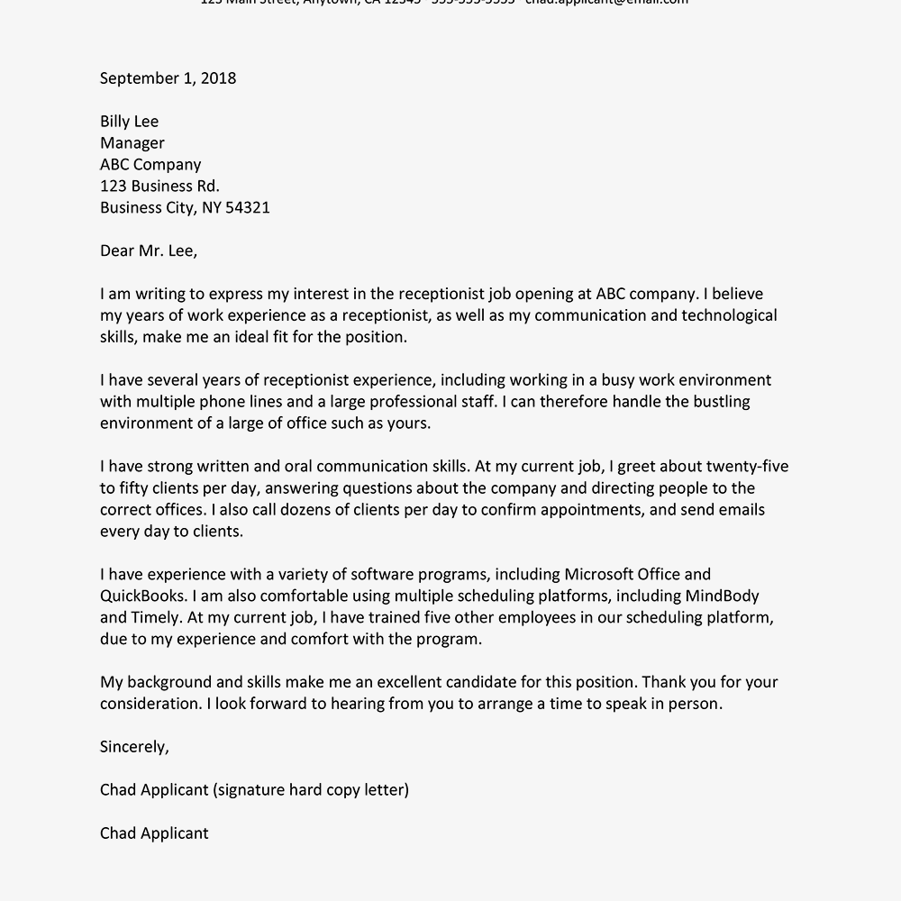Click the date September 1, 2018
(x=168, y=78)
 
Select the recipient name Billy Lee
(x=129, y=122)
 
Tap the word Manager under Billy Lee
(x=132, y=143)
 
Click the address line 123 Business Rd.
(x=159, y=187)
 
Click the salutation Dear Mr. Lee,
(x=148, y=251)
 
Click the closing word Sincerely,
(x=134, y=747)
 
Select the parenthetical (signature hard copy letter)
(x=311, y=790)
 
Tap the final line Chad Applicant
(x=154, y=833)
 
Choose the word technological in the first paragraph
(x=729, y=316)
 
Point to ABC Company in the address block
(x=150, y=165)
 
